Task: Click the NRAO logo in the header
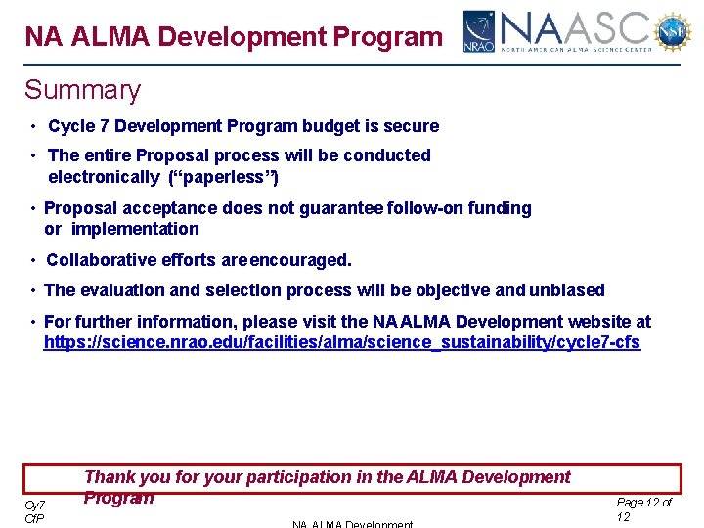(479, 32)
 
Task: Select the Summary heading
(82, 90)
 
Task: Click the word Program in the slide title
(387, 37)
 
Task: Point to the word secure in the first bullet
(414, 126)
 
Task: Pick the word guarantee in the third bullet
(337, 208)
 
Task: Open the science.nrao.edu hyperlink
(342, 343)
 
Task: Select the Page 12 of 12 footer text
(643, 508)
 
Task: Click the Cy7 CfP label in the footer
(35, 510)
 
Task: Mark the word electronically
(104, 177)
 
